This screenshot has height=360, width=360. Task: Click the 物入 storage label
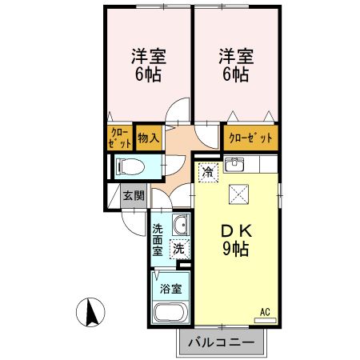click(148, 138)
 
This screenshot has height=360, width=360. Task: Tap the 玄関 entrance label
click(133, 195)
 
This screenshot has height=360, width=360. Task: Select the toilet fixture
click(130, 166)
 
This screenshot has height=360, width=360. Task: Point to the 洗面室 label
click(158, 239)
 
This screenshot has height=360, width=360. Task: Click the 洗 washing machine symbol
click(181, 248)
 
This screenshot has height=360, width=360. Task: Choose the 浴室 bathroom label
click(169, 286)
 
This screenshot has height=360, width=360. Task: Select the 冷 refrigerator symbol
click(208, 170)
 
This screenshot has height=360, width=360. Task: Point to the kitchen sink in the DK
click(234, 166)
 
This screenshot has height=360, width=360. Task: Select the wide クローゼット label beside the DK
click(250, 138)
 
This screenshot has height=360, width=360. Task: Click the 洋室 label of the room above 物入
click(147, 66)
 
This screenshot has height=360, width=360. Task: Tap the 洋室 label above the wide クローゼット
click(235, 66)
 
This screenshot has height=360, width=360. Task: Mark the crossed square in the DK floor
click(238, 194)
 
